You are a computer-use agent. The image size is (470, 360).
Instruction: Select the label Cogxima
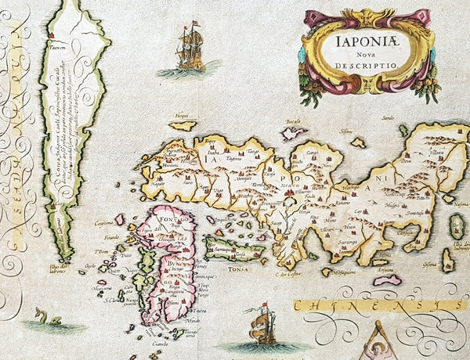[105, 222]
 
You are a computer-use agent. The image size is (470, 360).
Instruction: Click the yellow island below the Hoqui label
[183, 124]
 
